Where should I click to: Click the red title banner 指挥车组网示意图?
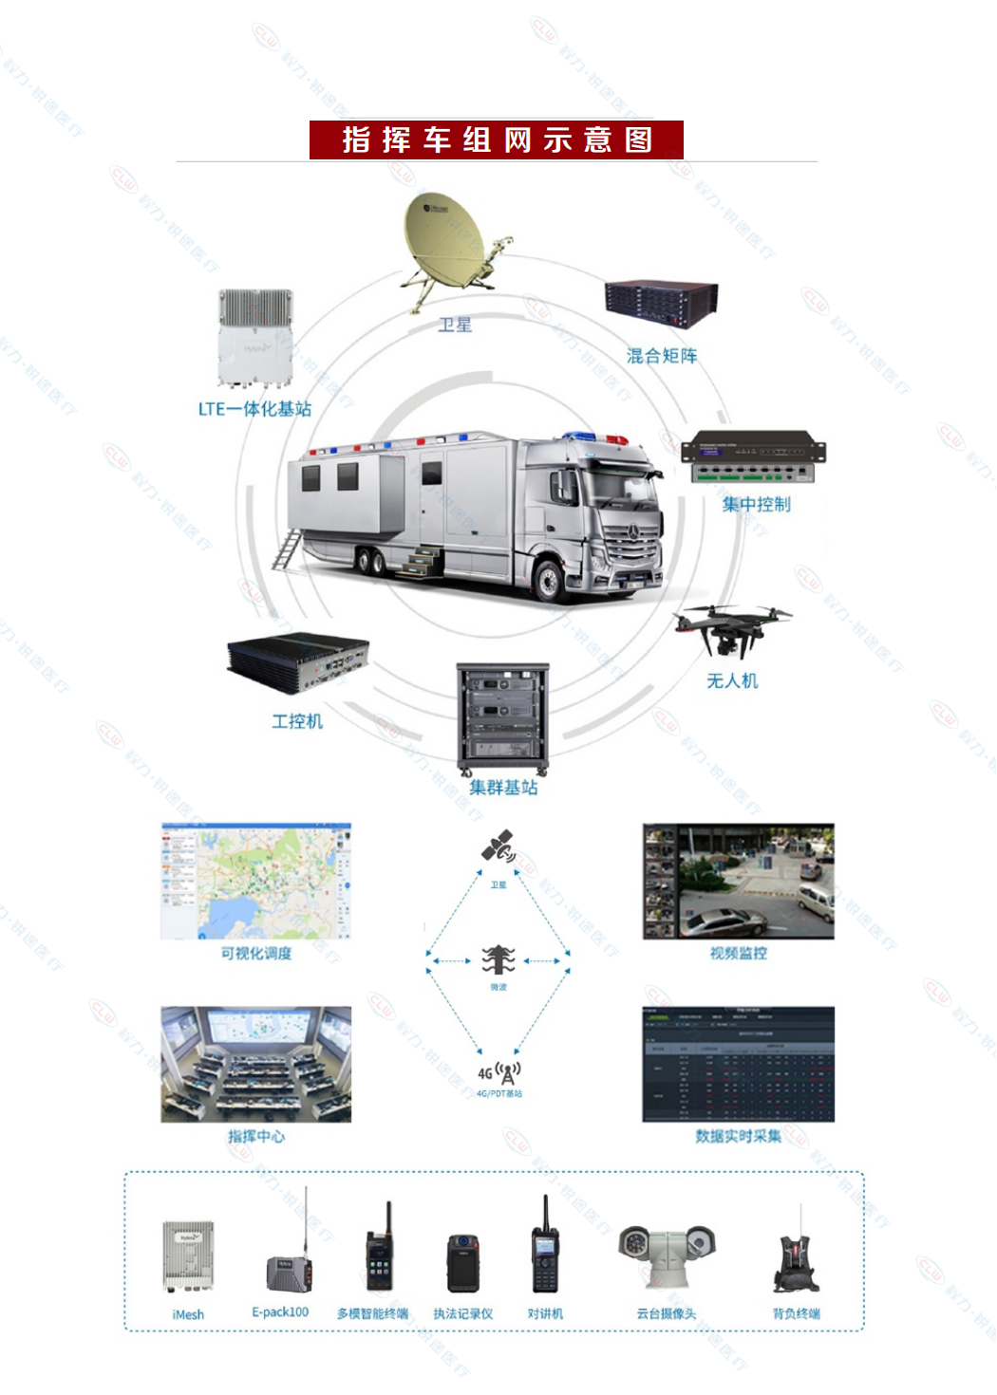(496, 139)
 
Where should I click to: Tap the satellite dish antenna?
(446, 243)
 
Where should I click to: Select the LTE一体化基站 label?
(254, 409)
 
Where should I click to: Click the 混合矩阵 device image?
(662, 304)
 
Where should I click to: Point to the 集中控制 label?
(756, 504)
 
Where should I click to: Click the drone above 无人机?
(731, 627)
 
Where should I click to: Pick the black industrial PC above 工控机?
(297, 661)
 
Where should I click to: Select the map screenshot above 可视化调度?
(256, 881)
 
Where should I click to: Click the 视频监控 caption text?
(738, 953)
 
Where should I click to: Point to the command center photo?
(256, 1064)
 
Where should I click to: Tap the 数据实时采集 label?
(738, 1136)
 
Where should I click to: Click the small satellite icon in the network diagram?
(498, 846)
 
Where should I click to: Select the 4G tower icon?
(501, 1072)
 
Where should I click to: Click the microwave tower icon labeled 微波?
(498, 960)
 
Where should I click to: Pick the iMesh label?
(188, 1314)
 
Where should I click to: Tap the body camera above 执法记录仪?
(463, 1263)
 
